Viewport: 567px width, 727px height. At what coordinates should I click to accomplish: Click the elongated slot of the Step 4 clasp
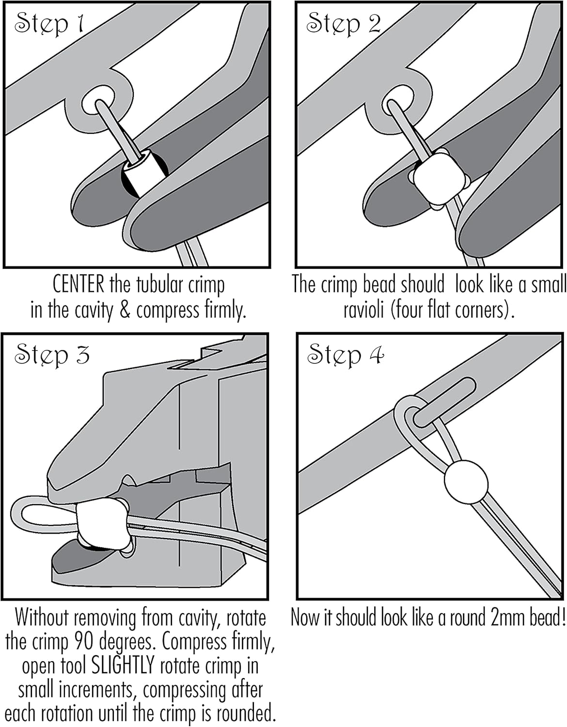pos(444,402)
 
